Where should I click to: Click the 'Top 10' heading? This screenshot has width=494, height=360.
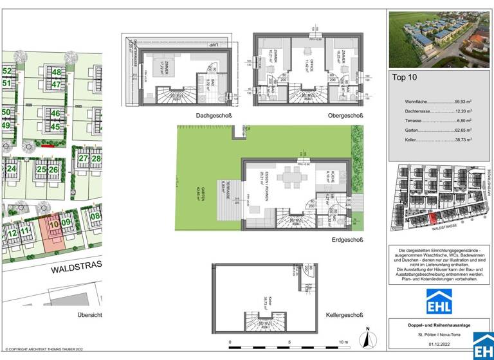[405, 78]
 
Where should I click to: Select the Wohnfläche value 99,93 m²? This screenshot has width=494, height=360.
[460, 102]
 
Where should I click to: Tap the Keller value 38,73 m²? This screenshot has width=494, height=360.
[461, 139]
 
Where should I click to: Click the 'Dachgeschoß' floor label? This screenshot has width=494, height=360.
[214, 116]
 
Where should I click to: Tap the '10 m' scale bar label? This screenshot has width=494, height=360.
[343, 342]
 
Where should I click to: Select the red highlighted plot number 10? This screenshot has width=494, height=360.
[55, 224]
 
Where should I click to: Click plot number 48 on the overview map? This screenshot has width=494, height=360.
[57, 73]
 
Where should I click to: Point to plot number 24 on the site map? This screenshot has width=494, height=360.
[11, 169]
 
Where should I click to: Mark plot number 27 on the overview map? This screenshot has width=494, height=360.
[83, 158]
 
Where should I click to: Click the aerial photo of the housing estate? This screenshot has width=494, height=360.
[439, 39]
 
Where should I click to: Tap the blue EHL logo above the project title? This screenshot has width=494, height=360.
[439, 301]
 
